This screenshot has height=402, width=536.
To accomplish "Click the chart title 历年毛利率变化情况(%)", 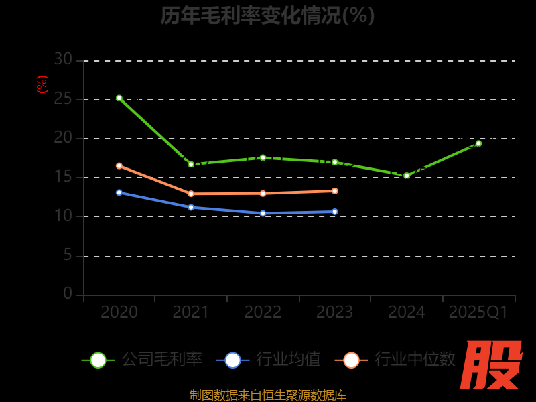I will [267, 15].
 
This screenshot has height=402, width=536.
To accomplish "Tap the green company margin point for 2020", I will [119, 98].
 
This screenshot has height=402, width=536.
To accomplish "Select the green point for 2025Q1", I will [478, 143].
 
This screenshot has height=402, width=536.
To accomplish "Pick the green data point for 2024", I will [407, 176].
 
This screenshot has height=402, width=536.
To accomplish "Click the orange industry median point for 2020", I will [119, 165].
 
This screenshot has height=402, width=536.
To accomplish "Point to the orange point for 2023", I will [335, 191].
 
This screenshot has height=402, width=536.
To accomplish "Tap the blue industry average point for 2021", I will [191, 207].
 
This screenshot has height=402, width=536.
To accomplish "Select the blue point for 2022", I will [263, 213].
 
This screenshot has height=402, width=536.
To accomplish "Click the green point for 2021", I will [191, 164].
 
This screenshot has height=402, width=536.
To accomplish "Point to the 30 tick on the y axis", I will [63, 60].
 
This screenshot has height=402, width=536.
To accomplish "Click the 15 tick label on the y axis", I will [63, 177].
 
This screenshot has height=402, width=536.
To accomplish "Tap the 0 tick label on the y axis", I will [68, 293].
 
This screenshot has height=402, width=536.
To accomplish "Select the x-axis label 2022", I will [263, 312].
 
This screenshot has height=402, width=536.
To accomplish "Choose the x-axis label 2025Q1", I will [478, 312].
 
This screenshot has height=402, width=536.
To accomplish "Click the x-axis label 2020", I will [119, 312].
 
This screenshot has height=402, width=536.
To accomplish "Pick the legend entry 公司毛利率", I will [142, 360].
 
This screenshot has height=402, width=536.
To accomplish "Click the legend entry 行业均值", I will [269, 360].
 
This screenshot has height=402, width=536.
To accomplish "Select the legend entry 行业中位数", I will [395, 360].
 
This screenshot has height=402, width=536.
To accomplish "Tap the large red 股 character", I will [492, 365].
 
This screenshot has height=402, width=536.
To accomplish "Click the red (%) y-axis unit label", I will [42, 84].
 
